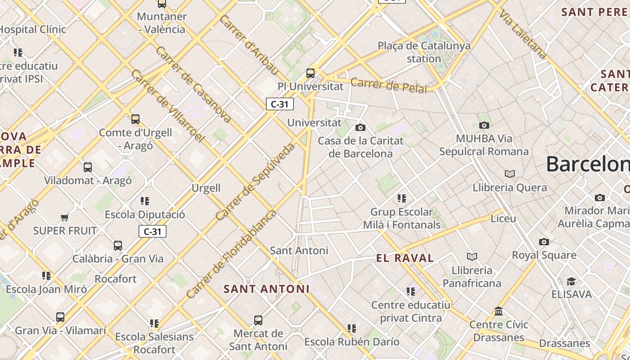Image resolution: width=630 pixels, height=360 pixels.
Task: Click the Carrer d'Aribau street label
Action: pyautogui.click(x=250, y=45)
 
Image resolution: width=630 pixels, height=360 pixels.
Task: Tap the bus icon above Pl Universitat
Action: pyautogui.click(x=310, y=73)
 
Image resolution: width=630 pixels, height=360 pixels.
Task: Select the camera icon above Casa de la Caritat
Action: pyautogui.click(x=360, y=128)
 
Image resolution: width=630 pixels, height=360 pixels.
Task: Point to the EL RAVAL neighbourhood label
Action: pyautogui.click(x=405, y=258)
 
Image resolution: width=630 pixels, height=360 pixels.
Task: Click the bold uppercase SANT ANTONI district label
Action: pyautogui.click(x=266, y=289)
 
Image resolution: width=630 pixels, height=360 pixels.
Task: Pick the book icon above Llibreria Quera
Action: pyautogui.click(x=509, y=174)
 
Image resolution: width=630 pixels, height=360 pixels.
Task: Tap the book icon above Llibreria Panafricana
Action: pyautogui.click(x=472, y=256)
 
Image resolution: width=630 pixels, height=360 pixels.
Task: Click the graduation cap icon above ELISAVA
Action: pyautogui.click(x=571, y=281)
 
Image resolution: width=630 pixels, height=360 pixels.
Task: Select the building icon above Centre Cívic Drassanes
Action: pyautogui.click(x=498, y=311)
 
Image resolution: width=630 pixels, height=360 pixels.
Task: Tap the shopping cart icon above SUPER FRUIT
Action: pyautogui.click(x=64, y=218)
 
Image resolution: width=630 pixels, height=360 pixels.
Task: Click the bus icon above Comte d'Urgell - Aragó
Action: pyautogui.click(x=135, y=119)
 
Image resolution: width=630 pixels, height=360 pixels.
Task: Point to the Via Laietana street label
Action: pyautogui.click(x=523, y=34)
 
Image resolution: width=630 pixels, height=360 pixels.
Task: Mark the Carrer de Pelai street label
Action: pyautogui.click(x=388, y=85)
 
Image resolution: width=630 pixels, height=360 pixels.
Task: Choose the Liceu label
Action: pyautogui.click(x=503, y=219)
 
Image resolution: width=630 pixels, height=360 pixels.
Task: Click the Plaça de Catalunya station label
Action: pyautogui.click(x=424, y=52)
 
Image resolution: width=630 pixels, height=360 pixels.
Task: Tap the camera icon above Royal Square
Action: pyautogui.click(x=544, y=242)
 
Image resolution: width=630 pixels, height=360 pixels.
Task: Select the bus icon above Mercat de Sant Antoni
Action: pyautogui.click(x=258, y=320)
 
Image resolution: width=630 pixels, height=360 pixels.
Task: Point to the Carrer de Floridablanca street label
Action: pyautogui.click(x=231, y=254)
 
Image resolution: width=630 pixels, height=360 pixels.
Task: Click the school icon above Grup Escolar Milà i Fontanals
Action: pyautogui.click(x=401, y=198)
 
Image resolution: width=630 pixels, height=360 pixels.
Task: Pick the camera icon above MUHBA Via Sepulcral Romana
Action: pyautogui.click(x=484, y=125)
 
